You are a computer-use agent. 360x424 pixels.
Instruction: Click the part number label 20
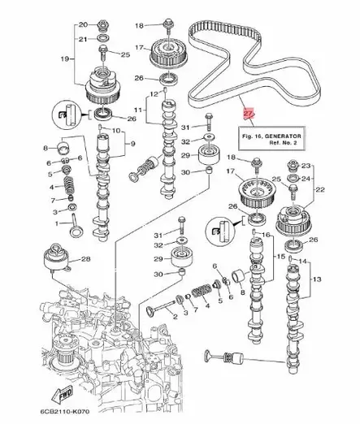click(x=83, y=24)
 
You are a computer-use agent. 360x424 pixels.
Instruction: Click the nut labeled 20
click(x=105, y=24)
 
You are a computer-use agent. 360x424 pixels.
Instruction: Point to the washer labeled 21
click(x=105, y=38)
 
